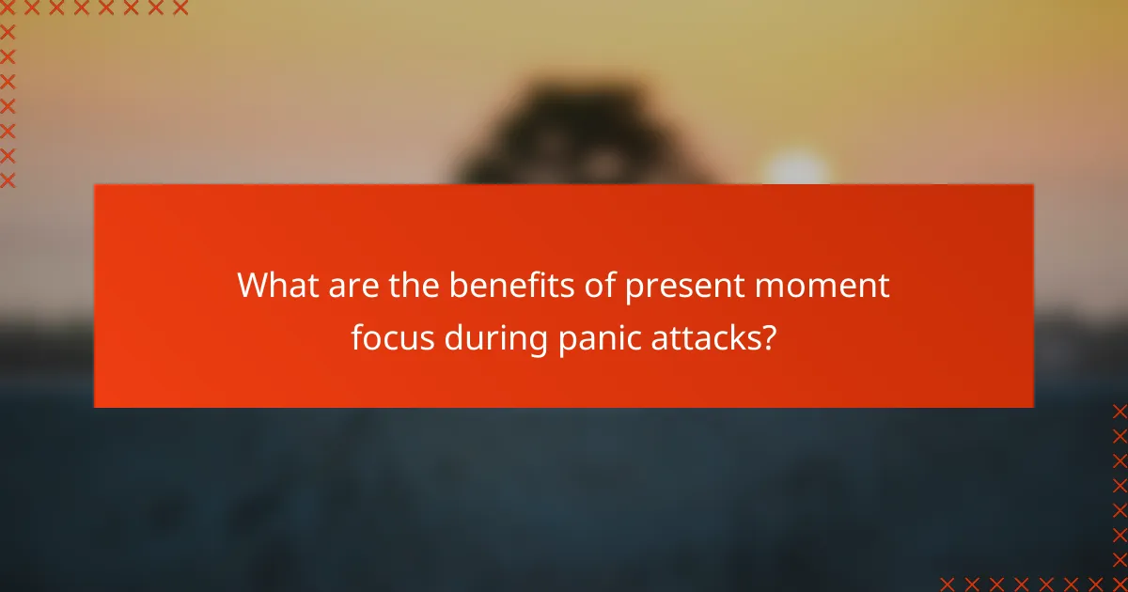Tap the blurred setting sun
click(x=795, y=169)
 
